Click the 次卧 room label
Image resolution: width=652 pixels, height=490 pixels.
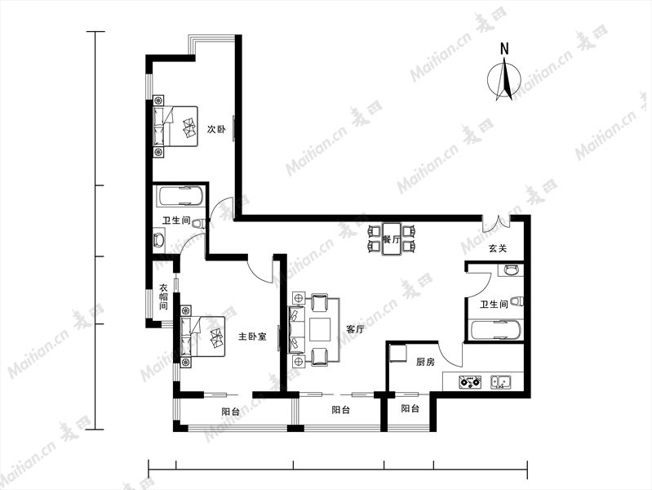coord(216,129)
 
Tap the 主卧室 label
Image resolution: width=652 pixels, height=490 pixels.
coord(252,336)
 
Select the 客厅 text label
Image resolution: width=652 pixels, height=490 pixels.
coord(355,329)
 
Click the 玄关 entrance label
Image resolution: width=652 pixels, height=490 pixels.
coord(498,249)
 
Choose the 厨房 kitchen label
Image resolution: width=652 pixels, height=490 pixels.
coord(425,363)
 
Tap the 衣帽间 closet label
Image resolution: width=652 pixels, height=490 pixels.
coord(164,296)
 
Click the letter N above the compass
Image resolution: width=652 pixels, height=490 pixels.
coord(504,49)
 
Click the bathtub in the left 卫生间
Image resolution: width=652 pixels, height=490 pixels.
coord(180,196)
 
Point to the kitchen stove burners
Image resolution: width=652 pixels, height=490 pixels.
coord(470,382)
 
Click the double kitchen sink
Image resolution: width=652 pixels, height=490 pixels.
coord(501,381)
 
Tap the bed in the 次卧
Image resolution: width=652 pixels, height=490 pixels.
coord(175,126)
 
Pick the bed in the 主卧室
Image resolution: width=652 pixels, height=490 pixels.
coord(202,336)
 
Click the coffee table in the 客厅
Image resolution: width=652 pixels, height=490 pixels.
coord(320,330)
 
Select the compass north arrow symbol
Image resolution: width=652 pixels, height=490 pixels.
coord(504,79)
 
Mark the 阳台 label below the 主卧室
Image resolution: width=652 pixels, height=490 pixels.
coord(230,412)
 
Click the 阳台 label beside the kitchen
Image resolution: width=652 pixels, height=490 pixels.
coord(410,409)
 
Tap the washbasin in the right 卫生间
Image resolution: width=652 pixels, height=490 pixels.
coord(511,270)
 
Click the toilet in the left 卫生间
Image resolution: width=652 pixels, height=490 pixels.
coord(198,223)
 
